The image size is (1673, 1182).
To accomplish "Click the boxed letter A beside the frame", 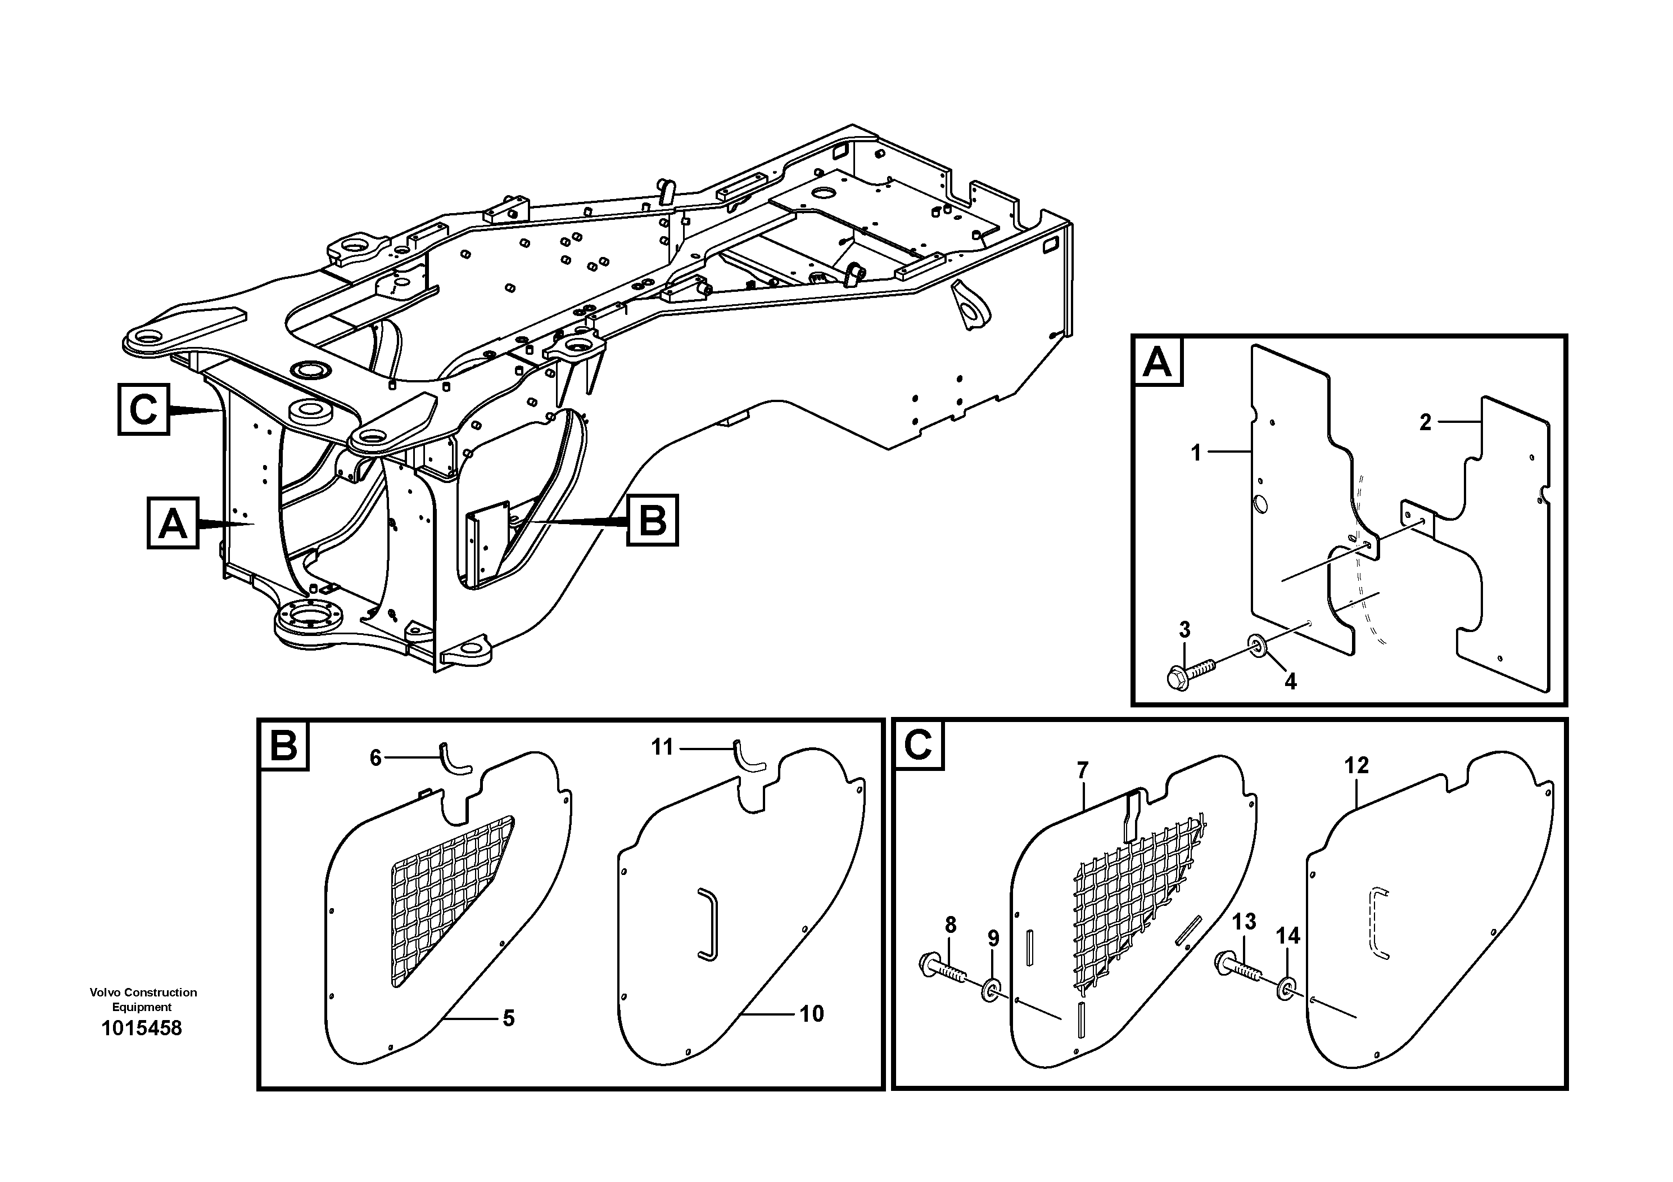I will click(173, 523).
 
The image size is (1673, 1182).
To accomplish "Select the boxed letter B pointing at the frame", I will click(652, 520).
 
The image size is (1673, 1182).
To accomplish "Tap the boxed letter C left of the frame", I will click(143, 409).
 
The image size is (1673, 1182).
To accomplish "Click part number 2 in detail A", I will click(1425, 422).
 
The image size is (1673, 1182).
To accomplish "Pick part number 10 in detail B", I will click(811, 1014).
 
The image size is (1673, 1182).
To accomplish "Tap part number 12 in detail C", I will click(1357, 765).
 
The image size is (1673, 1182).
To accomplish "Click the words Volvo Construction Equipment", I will click(143, 999).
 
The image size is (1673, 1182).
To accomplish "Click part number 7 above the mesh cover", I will click(1082, 770).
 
